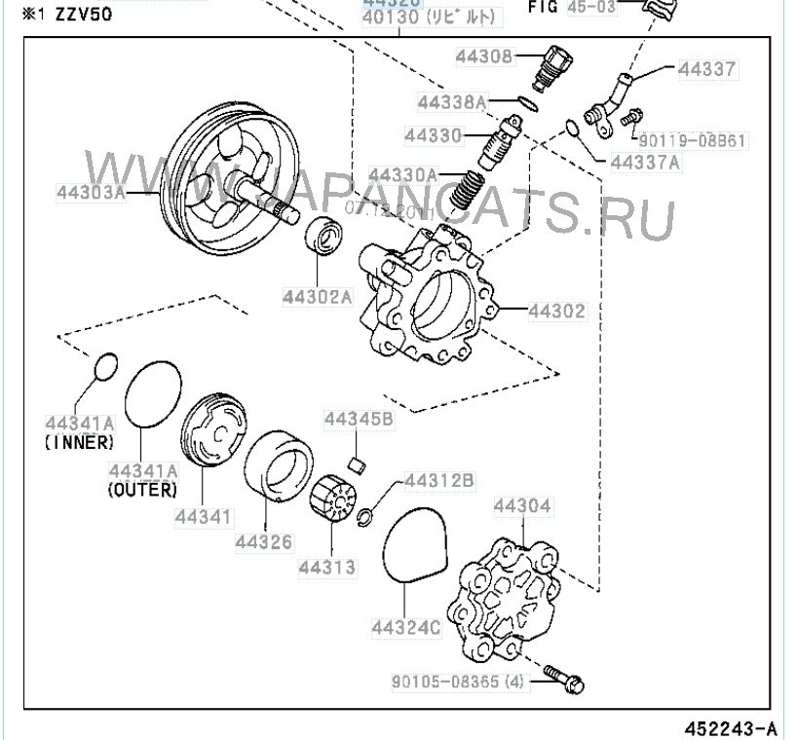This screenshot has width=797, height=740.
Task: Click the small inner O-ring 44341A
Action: coord(104,366)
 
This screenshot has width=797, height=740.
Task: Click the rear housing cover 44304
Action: coord(512,594)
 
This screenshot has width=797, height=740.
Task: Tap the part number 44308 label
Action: coord(483,57)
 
